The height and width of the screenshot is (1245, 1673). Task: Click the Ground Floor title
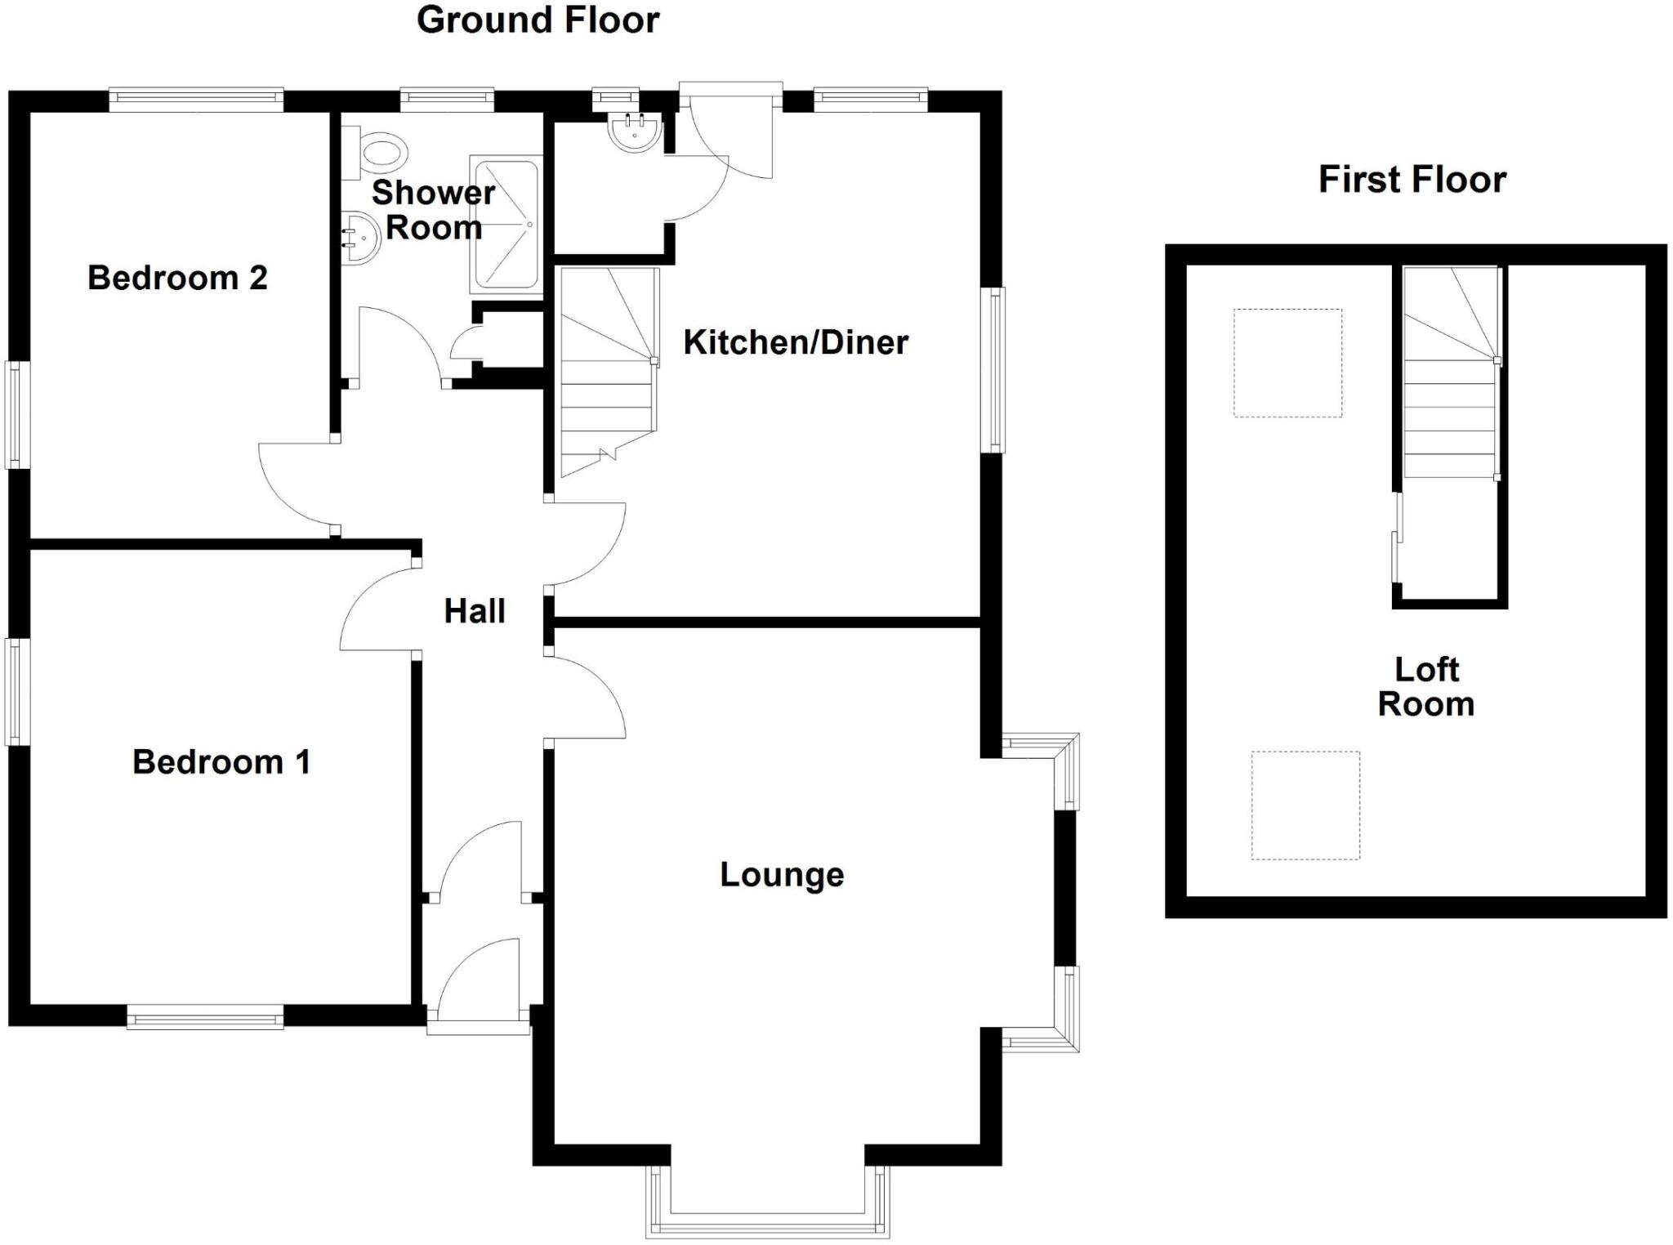[x=538, y=20]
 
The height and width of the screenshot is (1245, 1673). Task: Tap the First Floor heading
[x=1412, y=180]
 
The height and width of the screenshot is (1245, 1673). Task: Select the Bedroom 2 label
[x=177, y=278]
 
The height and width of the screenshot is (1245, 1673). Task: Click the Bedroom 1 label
[x=221, y=762]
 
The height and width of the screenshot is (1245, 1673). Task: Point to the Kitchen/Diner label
[x=795, y=342]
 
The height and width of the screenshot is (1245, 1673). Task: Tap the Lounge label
[x=781, y=875]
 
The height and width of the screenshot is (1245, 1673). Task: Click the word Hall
[x=475, y=611]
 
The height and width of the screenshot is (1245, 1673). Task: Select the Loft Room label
[x=1425, y=687]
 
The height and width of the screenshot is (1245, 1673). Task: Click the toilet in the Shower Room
[x=377, y=153]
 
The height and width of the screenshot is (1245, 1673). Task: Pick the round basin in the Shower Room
[x=359, y=237]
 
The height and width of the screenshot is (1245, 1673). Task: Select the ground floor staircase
[x=609, y=372]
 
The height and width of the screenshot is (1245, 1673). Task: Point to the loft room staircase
[x=1451, y=372]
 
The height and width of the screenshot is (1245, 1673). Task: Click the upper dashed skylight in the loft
[x=1287, y=363]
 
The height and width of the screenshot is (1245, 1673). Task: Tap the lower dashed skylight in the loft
[x=1305, y=805]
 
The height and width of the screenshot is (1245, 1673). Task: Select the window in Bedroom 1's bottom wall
[x=205, y=1018]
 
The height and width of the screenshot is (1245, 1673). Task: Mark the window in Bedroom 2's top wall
[x=196, y=100]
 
